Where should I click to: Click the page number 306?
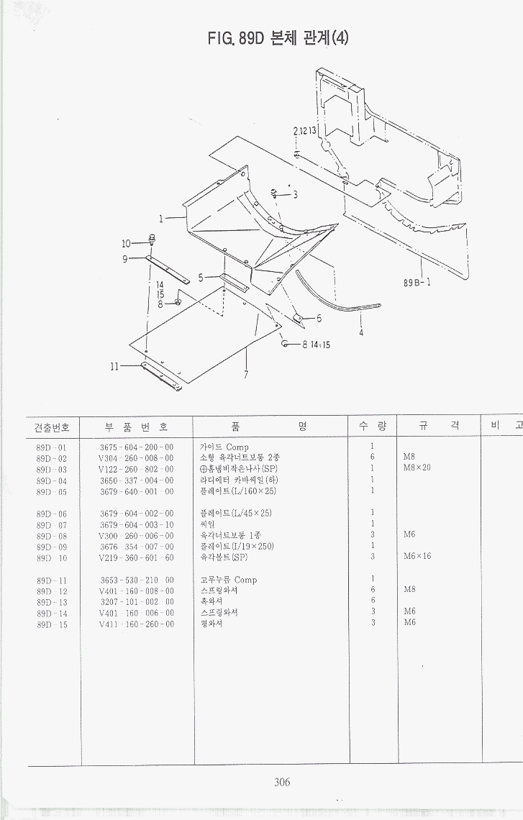click(282, 783)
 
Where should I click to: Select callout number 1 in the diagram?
click(162, 218)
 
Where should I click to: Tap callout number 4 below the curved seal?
click(361, 333)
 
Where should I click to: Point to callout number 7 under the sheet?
click(246, 374)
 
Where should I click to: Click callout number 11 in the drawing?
click(114, 366)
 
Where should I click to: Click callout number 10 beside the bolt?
click(126, 243)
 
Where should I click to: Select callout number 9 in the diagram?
click(124, 259)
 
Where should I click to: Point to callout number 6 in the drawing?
click(319, 318)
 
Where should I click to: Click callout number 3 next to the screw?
click(294, 194)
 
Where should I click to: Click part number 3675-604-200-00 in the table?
click(136, 447)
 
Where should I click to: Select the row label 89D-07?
click(51, 524)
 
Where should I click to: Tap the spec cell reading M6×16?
click(417, 557)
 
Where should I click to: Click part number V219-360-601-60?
click(136, 557)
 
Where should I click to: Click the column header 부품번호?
click(136, 426)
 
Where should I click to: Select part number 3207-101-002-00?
click(136, 602)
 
